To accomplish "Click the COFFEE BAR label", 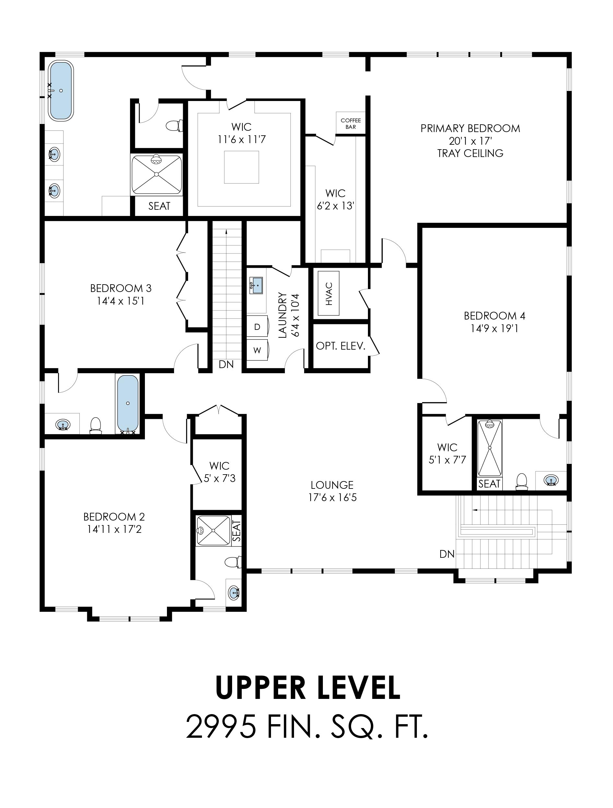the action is pyautogui.click(x=351, y=123).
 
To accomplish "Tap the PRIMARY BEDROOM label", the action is pyautogui.click(x=470, y=129).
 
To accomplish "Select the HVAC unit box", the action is pyautogui.click(x=328, y=293).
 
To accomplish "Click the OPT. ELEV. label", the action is pyautogui.click(x=340, y=346).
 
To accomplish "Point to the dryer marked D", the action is pyautogui.click(x=257, y=327).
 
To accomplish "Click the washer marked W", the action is pyautogui.click(x=257, y=350).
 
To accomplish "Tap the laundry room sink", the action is pyautogui.click(x=256, y=285).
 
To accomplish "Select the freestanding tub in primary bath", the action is pyautogui.click(x=61, y=90).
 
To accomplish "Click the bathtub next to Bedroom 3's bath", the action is pyautogui.click(x=128, y=404).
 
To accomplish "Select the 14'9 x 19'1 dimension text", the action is pyautogui.click(x=494, y=328).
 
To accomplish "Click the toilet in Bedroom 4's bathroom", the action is pyautogui.click(x=522, y=481).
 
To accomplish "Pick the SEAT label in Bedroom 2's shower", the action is pyautogui.click(x=237, y=531).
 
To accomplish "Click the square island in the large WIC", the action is pyautogui.click(x=242, y=167).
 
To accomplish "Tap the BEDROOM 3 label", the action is pyautogui.click(x=121, y=288).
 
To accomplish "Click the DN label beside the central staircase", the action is pyautogui.click(x=226, y=364).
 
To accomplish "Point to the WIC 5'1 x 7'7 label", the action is pyautogui.click(x=447, y=453).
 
